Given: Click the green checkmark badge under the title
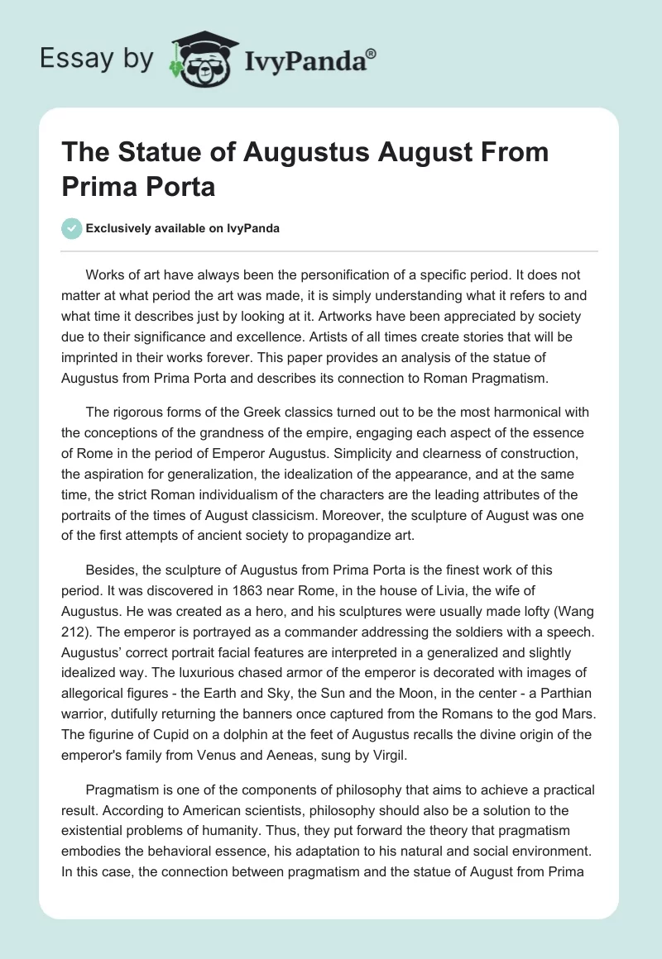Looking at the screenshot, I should point(72,228).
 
